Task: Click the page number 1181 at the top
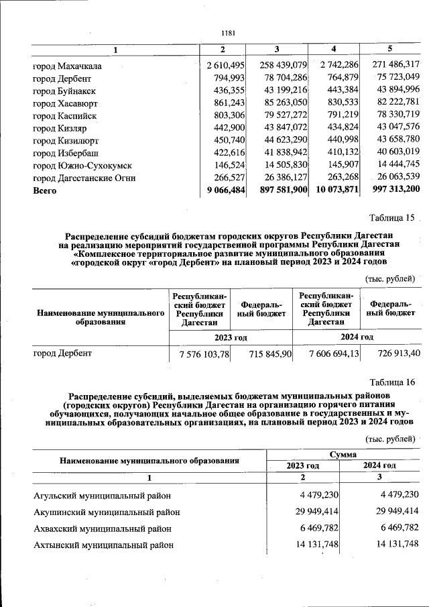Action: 229,33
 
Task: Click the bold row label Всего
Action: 45,190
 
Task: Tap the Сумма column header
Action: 343,454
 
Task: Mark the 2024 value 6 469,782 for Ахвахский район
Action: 395,529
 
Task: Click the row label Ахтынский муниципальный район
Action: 104,545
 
